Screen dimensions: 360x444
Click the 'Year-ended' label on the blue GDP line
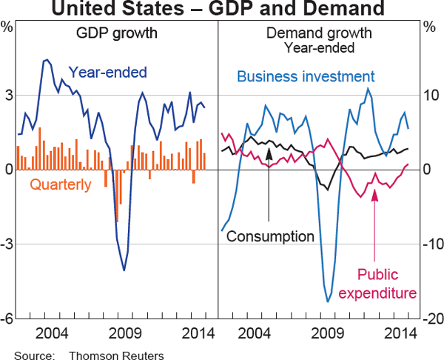point(108,72)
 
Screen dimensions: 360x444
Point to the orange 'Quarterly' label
point(61,184)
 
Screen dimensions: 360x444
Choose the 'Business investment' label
point(306,76)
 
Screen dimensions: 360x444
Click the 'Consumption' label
point(271,236)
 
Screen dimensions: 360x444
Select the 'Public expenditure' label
point(377,283)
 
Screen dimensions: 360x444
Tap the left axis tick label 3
point(8,95)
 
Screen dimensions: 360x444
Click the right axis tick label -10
point(429,244)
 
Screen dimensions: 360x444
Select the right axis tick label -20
point(429,319)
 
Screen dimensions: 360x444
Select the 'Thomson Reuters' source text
point(116,354)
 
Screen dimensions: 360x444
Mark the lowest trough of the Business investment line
point(329,301)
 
